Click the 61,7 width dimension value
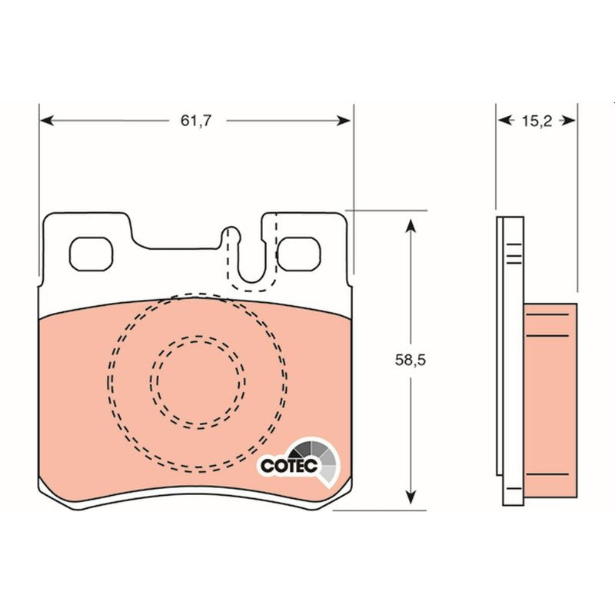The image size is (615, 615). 196,121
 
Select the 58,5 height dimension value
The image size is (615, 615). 411,360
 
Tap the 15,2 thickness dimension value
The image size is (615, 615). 537,121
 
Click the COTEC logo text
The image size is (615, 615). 289,466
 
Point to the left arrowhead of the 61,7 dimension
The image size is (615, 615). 47,121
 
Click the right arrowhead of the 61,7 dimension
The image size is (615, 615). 343,121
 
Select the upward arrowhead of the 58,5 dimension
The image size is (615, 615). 411,226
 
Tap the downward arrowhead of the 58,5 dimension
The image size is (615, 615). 411,497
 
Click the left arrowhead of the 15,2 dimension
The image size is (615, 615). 505,121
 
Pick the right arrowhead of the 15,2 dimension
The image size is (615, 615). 569,121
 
